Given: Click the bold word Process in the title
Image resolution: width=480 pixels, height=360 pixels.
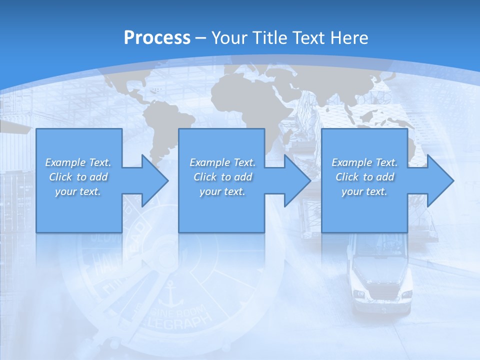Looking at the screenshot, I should point(157,38).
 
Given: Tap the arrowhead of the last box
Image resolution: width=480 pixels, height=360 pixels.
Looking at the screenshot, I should point(439,181).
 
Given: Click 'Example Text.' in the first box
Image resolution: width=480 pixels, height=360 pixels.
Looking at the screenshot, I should point(78,162).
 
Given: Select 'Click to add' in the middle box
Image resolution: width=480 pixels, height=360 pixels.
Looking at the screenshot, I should point(222,177).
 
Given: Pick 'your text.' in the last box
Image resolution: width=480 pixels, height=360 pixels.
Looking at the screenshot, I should point(364,191).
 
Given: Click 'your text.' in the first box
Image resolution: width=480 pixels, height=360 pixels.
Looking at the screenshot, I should point(78,191).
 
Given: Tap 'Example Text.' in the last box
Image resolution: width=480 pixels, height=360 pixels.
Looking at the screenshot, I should point(364,162).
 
